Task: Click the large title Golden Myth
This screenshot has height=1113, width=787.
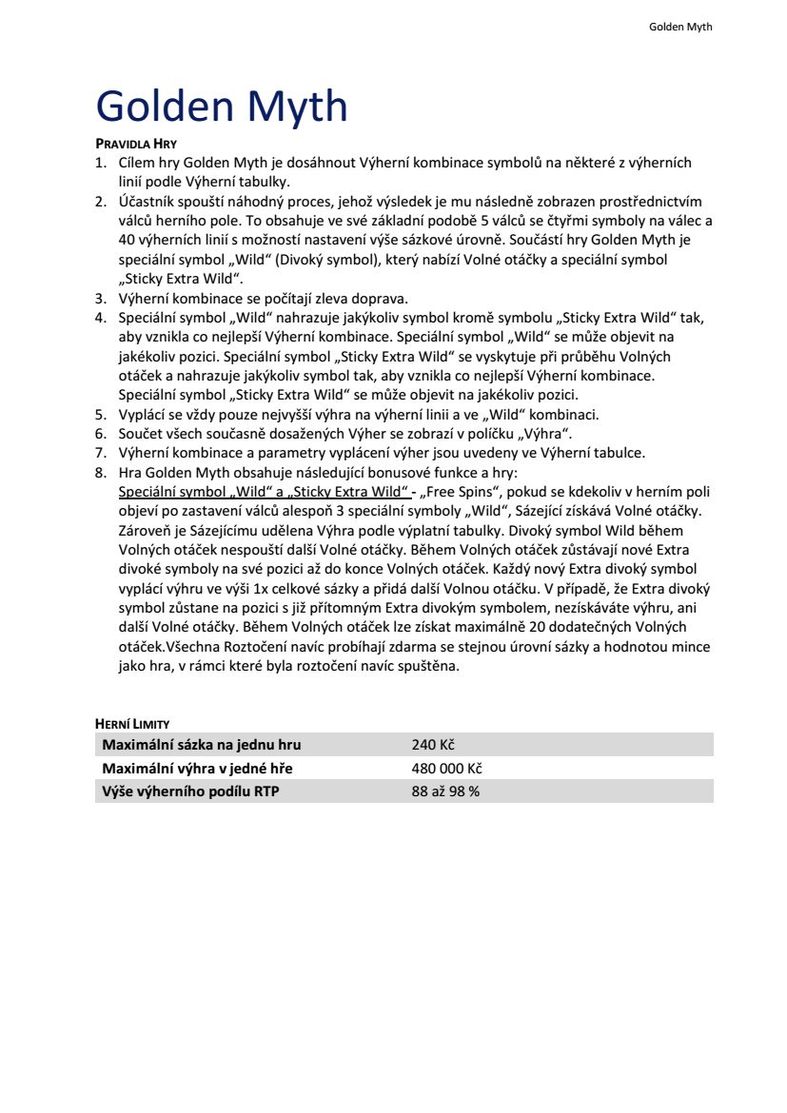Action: (222, 106)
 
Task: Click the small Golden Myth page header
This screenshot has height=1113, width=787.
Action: (680, 27)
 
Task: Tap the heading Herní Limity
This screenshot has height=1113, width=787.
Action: (132, 724)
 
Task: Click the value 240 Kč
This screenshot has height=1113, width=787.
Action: (433, 745)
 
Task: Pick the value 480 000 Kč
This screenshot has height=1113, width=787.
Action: (446, 768)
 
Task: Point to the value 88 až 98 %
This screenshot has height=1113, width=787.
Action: (445, 791)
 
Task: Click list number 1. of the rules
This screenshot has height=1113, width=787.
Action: (101, 164)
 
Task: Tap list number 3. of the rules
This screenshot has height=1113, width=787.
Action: (101, 298)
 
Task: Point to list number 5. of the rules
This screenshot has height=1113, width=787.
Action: (101, 414)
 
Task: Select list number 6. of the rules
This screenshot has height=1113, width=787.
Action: (101, 434)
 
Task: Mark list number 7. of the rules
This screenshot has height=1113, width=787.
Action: (101, 453)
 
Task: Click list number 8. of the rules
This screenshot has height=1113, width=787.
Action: (101, 472)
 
